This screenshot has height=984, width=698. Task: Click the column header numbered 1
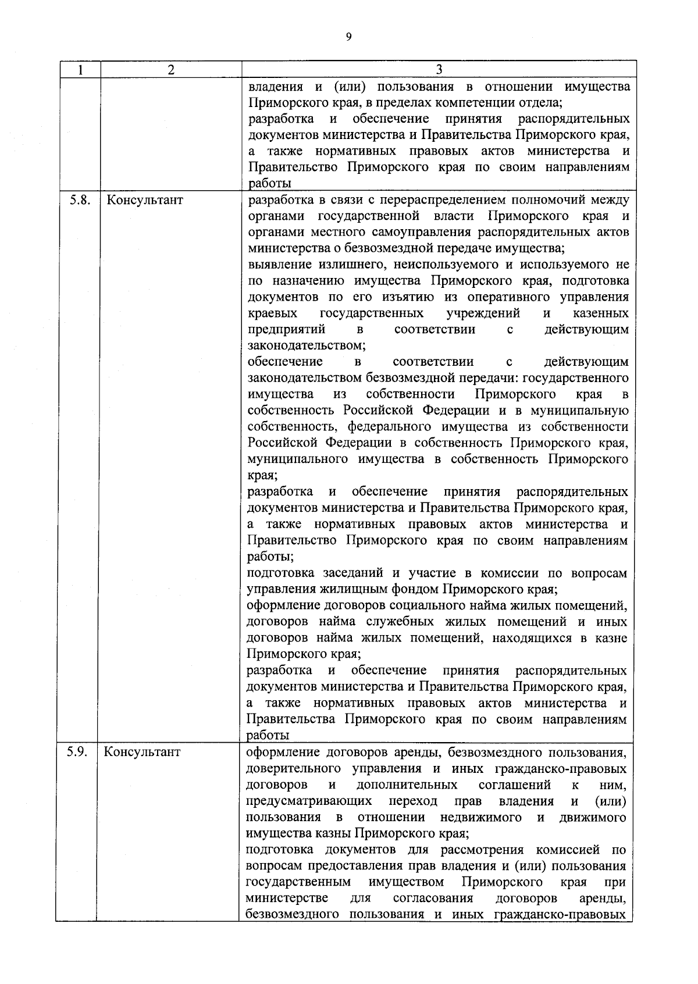point(80,70)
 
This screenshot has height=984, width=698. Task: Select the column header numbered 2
point(170,70)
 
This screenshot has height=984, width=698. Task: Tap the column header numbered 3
point(439,70)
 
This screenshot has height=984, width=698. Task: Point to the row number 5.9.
point(77,752)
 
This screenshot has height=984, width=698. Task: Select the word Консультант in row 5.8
point(145,201)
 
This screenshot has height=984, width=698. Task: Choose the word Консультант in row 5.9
point(143,752)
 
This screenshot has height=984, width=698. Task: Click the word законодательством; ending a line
point(307,346)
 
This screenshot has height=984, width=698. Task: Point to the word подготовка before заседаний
point(279,573)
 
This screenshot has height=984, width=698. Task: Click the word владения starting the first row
point(275,87)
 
